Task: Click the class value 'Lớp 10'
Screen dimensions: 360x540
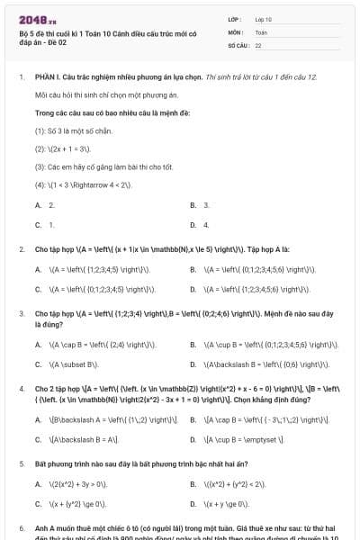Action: click(264, 19)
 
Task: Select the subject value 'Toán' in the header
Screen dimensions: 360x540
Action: click(261, 31)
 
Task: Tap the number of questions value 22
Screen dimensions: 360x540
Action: click(258, 44)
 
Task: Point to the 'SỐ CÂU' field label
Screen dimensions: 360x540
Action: click(238, 44)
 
